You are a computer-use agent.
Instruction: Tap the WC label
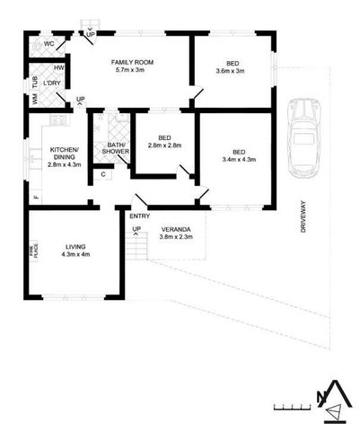coord(48,43)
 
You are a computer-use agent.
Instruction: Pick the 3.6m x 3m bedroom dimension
coord(232,70)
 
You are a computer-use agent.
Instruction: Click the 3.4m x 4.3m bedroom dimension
coord(239,160)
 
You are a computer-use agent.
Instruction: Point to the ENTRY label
coord(140,216)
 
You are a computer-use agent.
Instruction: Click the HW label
coord(58,67)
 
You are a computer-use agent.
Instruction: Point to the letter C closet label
coord(104,174)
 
